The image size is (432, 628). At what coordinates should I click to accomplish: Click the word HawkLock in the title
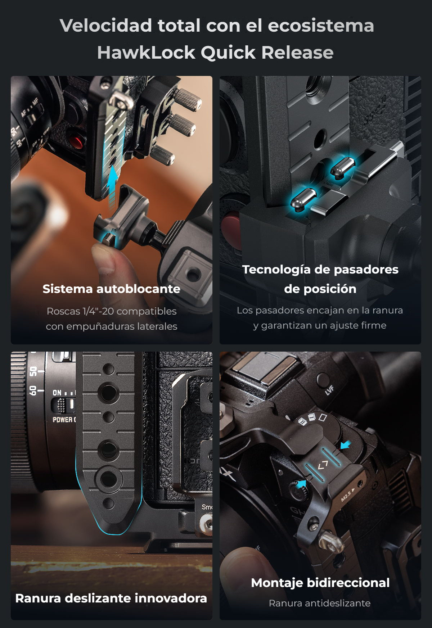click(146, 53)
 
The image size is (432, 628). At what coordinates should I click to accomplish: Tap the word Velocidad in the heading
click(105, 26)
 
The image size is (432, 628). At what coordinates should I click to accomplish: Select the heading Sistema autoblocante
click(112, 289)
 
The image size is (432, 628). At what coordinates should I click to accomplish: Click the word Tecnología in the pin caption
click(276, 270)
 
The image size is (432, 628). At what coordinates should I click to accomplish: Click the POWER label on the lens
click(63, 420)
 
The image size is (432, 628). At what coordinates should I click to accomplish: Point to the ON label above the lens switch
click(57, 393)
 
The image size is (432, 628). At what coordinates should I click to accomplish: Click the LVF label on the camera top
click(330, 390)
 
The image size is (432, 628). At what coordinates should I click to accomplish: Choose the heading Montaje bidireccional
click(320, 583)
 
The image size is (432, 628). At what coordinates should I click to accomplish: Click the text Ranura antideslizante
click(320, 603)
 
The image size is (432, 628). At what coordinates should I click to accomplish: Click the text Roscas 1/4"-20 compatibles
click(112, 311)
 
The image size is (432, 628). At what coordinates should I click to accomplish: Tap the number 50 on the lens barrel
click(33, 372)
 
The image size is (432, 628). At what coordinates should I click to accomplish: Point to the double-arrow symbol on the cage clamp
click(323, 465)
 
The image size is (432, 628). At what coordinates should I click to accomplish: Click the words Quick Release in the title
click(267, 53)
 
